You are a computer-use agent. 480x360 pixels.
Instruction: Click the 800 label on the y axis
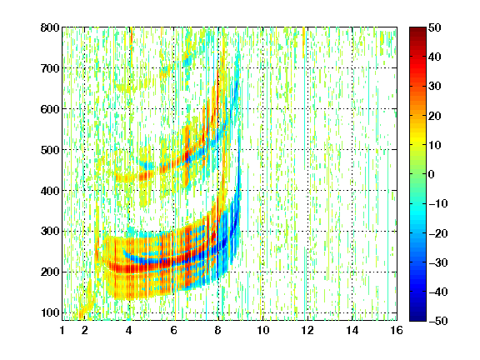point(50,27)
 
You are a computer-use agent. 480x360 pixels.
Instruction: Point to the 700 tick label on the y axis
point(50,68)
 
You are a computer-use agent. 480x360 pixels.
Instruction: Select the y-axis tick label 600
point(50,109)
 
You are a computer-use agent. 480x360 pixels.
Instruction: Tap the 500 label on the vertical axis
point(50,150)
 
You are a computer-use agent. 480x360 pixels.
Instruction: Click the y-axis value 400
point(50,191)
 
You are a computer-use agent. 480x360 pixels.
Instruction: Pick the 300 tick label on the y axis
point(50,232)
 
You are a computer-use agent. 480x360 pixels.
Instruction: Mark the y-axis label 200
point(50,272)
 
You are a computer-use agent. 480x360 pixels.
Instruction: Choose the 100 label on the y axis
point(50,312)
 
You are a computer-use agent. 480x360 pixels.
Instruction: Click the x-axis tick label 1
point(62,330)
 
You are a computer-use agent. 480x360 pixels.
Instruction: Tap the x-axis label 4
point(129,330)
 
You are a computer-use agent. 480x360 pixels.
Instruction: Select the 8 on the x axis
point(218,330)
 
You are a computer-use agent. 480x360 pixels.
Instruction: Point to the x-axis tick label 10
point(262,330)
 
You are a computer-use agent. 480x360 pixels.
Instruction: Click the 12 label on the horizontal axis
point(307,330)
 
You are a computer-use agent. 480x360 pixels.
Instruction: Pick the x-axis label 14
point(352,330)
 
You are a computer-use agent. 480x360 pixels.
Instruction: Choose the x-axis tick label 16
point(397,330)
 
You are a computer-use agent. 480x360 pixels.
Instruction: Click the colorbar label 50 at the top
point(434,27)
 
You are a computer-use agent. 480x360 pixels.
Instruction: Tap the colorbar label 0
point(432,174)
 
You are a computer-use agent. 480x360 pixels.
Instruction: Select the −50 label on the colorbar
point(438,321)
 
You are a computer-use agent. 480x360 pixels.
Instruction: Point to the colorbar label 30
point(434,87)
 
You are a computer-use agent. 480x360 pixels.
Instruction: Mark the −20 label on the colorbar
point(438,233)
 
